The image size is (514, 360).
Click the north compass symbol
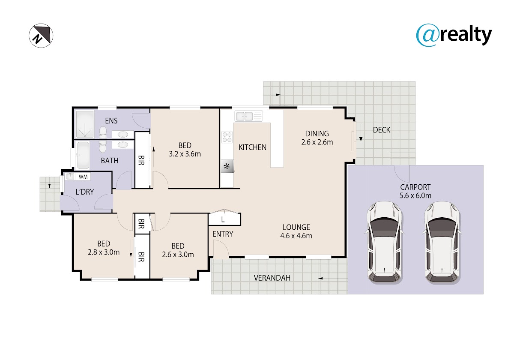[x=41, y=36]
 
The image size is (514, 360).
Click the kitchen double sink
[x=248, y=116]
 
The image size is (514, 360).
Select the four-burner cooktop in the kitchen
[x=227, y=137]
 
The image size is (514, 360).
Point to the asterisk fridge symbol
[x=227, y=166]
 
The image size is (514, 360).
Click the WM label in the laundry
[x=83, y=177]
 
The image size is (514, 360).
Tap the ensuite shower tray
[x=85, y=124]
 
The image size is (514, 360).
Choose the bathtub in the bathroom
[x=82, y=155]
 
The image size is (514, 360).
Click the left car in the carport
[x=384, y=242]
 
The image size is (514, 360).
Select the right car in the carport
[x=442, y=242]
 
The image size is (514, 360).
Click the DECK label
[x=381, y=130]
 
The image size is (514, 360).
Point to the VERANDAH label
[x=272, y=278]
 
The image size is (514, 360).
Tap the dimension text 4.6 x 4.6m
[x=296, y=236]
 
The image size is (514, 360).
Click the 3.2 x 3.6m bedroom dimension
[x=185, y=154]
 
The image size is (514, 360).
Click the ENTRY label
[x=223, y=234]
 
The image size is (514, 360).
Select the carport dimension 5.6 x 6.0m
[x=415, y=195]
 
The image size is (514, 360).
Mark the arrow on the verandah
[x=320, y=279]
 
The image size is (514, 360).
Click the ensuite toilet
[x=103, y=133]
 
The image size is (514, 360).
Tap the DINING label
[x=317, y=133]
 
